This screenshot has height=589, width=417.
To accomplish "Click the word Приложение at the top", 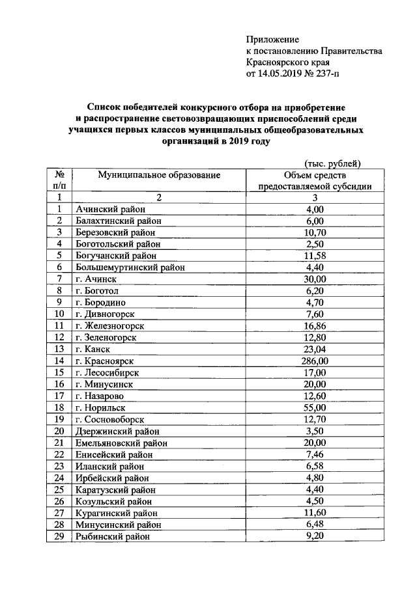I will [272, 40].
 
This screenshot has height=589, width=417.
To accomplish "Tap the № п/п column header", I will [59, 180].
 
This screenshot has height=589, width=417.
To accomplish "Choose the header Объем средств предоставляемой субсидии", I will [315, 180].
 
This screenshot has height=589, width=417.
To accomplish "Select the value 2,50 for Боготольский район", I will [315, 243].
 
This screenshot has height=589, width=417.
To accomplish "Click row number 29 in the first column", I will [59, 536].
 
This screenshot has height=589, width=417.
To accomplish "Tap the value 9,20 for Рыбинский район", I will [315, 536].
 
